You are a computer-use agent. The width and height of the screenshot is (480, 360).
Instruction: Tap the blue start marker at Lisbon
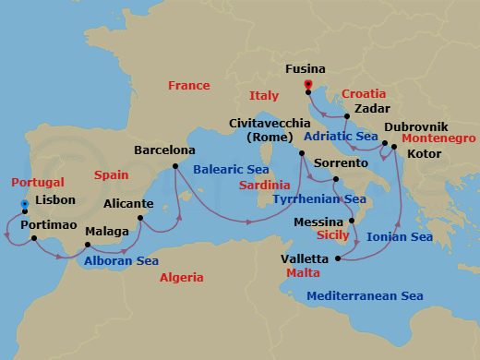point(24,204)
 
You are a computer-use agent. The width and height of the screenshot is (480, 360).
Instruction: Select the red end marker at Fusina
point(307,84)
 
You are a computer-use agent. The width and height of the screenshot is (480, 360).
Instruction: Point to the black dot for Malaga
point(87,246)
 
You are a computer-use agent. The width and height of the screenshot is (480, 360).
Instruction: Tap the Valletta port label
point(308,258)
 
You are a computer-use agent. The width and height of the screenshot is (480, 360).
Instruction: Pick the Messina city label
point(319,222)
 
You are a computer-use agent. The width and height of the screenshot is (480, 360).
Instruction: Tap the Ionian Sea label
point(400,237)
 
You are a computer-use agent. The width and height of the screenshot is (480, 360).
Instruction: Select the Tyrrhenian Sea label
point(319,198)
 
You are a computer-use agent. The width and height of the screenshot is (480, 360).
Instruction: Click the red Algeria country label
point(182,278)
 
